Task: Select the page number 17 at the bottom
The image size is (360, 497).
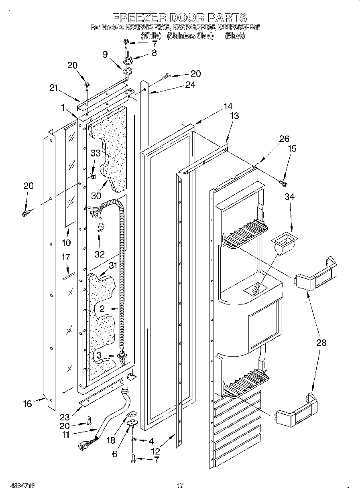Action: (180, 486)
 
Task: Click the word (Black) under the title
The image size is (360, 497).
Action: (235, 36)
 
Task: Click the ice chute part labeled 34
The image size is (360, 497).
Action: (285, 243)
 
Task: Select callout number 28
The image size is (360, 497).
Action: (321, 343)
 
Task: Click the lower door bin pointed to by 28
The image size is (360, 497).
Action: (295, 412)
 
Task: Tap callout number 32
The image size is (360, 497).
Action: (100, 254)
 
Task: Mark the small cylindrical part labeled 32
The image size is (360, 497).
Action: (101, 229)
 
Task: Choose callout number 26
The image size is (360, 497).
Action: (284, 139)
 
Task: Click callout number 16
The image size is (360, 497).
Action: (27, 403)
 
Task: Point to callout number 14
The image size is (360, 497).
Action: (228, 106)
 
